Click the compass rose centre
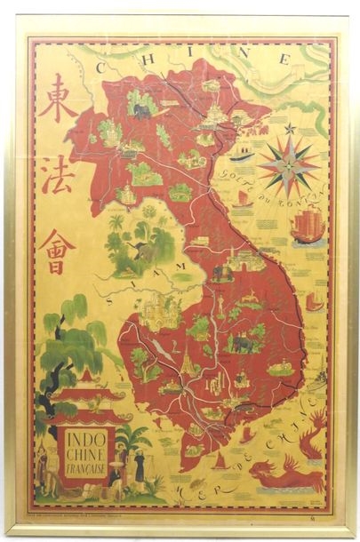(x=290, y=163)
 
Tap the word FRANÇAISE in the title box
(x=86, y=468)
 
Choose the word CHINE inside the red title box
(x=86, y=454)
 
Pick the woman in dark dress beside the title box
(x=140, y=472)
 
